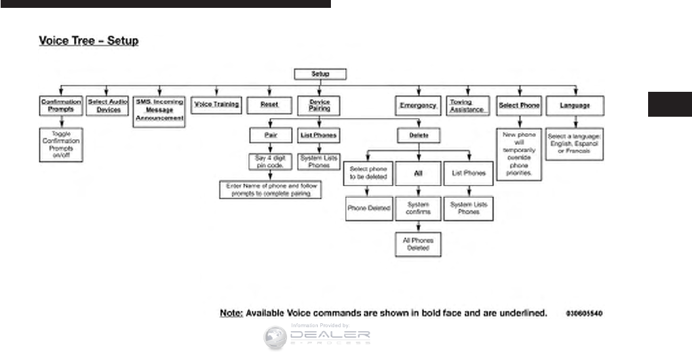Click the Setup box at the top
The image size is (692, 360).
point(320,75)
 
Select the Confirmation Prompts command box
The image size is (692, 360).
point(61,105)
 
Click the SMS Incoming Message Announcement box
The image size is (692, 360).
point(159,110)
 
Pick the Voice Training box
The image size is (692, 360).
point(217,104)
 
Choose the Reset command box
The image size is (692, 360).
point(269,104)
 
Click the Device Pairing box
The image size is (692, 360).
point(319,105)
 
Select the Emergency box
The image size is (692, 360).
point(418,105)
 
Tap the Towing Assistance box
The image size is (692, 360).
point(467,106)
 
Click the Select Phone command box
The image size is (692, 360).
point(519,105)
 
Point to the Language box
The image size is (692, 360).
point(575,105)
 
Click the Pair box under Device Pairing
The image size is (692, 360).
point(269,135)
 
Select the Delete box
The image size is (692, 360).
point(418,135)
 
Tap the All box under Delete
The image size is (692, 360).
point(418,173)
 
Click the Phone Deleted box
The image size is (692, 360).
point(369,208)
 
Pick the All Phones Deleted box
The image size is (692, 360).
point(418,244)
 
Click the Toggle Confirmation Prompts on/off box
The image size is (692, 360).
point(61,144)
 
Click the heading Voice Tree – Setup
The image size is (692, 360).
point(88,41)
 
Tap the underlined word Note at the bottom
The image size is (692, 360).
point(231,313)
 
